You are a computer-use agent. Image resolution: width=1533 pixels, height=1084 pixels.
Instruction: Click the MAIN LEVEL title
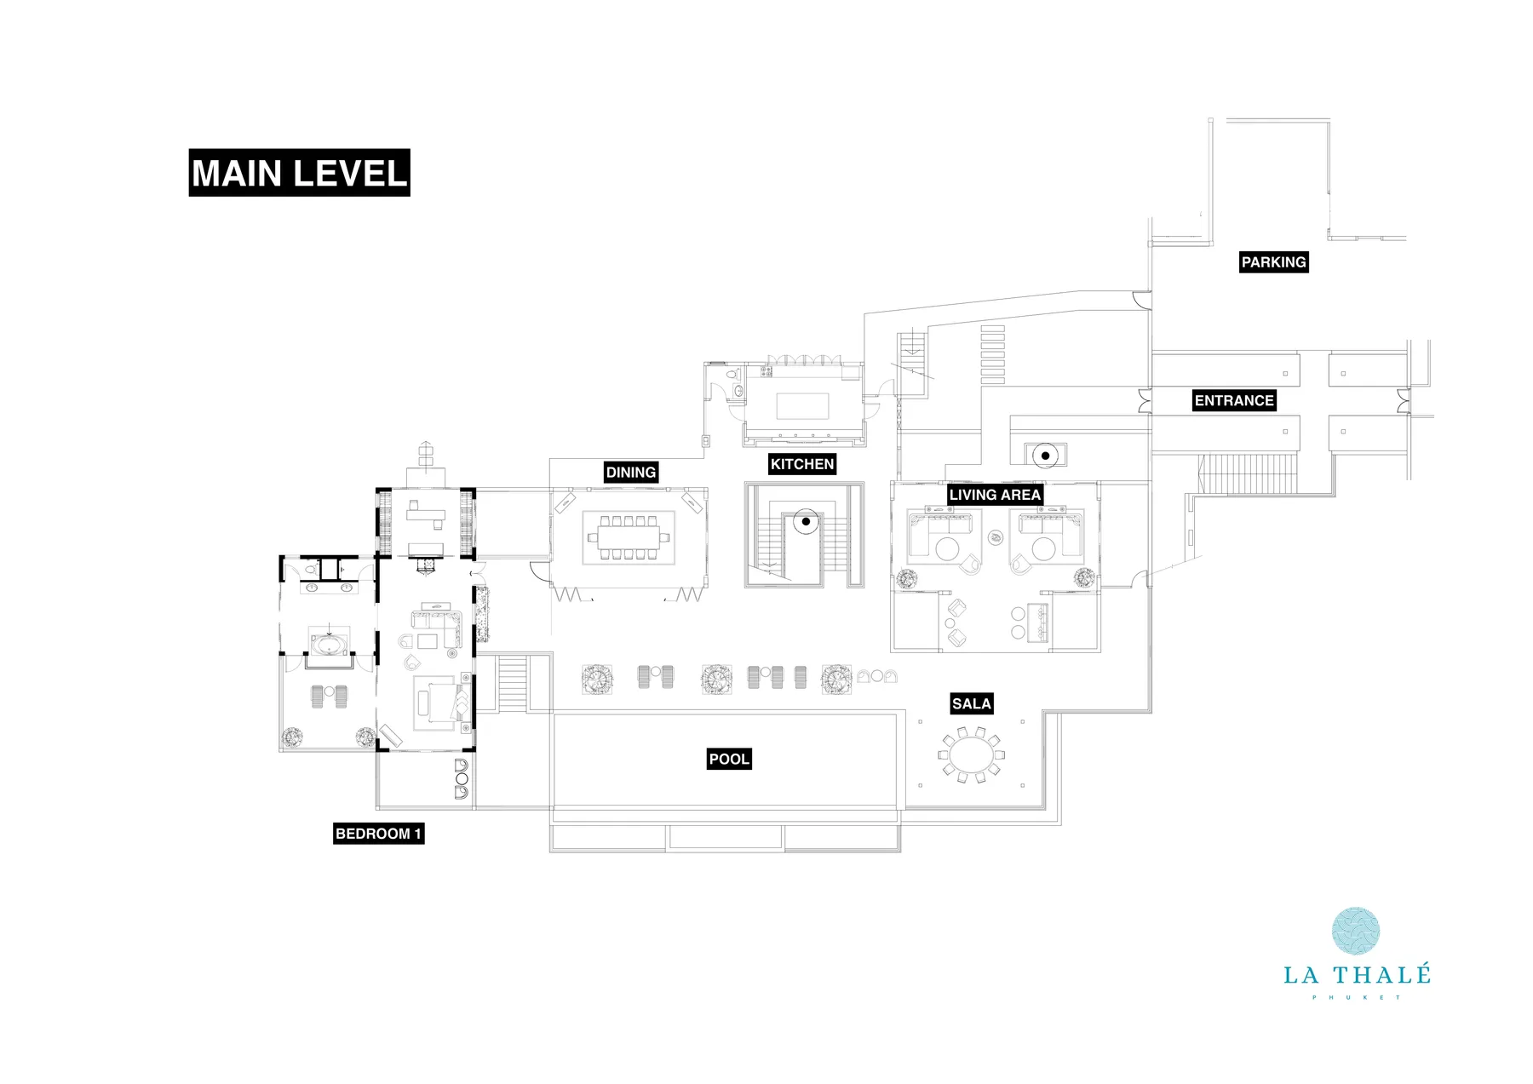[x=299, y=173]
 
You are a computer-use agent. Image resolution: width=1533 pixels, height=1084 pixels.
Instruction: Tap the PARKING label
[x=1273, y=262]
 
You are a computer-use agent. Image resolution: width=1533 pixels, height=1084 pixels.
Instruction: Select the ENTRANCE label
[x=1233, y=400]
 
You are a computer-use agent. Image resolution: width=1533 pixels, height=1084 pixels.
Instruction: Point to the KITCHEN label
[x=801, y=464]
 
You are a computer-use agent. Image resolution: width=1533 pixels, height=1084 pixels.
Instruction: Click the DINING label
[x=630, y=473]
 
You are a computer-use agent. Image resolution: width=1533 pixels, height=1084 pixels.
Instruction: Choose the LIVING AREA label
[x=995, y=495]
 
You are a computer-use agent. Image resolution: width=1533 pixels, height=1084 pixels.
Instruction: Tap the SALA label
[x=972, y=703]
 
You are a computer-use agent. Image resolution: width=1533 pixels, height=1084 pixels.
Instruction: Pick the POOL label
[x=729, y=759]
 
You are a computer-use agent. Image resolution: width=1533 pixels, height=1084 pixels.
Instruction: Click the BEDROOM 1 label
[x=378, y=834]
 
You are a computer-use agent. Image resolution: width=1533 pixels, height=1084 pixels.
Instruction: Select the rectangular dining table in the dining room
[x=629, y=537]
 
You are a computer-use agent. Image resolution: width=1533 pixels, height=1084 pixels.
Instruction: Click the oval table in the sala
[x=971, y=754]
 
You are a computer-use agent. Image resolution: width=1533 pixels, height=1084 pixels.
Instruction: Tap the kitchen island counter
[x=802, y=406]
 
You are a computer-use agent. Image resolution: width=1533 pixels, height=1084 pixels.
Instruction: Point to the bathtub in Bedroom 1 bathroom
[x=329, y=642]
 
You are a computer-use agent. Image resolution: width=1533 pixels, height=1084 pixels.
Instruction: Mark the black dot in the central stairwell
[x=806, y=521]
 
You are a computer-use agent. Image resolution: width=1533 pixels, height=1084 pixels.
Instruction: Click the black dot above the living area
[x=1045, y=456]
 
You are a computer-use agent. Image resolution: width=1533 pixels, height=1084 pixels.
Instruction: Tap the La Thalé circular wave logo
[x=1356, y=931]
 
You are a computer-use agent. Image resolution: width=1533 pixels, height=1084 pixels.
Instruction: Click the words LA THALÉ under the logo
[x=1357, y=975]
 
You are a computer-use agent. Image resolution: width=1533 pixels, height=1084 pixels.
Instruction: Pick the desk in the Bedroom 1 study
[x=426, y=513]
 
